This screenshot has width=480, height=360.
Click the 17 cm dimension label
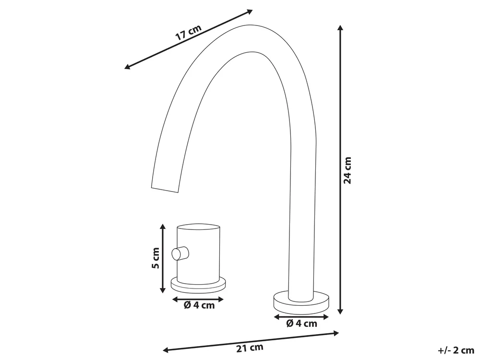point(188,33)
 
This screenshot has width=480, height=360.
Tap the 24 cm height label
point(348,170)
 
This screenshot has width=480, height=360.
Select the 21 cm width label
point(250,348)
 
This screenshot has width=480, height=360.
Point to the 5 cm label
point(156,258)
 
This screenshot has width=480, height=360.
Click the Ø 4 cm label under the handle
point(199,305)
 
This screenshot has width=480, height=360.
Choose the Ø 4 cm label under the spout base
point(302,323)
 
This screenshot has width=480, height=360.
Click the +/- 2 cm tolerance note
point(456,350)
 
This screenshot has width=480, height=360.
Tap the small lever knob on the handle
point(180,253)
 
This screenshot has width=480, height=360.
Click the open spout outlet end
point(165,189)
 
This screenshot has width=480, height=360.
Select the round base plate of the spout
point(301,303)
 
